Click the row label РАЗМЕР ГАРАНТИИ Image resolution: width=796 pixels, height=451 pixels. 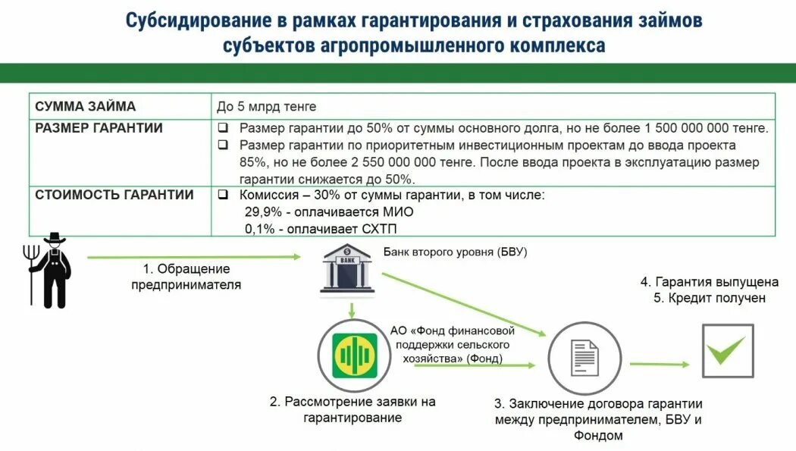[x=99, y=128]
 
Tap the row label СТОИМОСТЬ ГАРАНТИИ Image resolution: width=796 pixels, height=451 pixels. [x=114, y=195]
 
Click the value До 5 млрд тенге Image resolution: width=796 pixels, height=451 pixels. [x=266, y=107]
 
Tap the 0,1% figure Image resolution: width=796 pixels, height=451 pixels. [x=256, y=229]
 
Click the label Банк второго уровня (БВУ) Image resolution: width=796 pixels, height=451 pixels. [x=455, y=252]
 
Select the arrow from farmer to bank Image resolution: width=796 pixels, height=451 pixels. [x=193, y=258]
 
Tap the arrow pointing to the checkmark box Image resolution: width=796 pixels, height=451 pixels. [x=659, y=365]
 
